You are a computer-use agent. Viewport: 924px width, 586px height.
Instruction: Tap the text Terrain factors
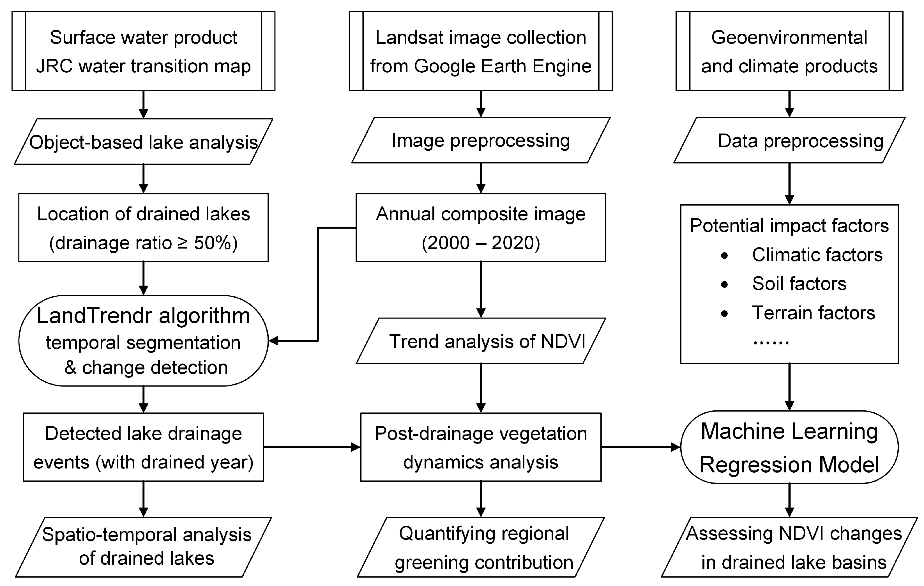point(813,313)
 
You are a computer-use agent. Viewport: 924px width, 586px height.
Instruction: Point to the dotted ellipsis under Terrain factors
point(771,342)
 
